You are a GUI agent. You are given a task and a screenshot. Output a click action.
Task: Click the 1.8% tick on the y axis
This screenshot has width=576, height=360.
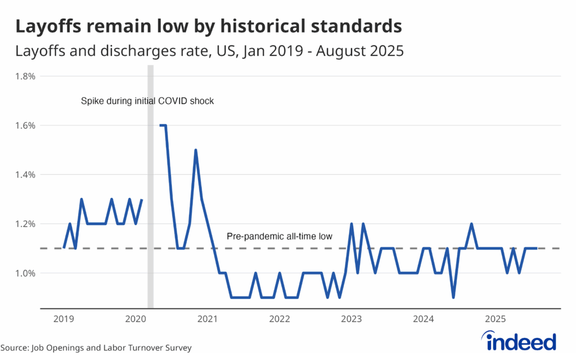25,76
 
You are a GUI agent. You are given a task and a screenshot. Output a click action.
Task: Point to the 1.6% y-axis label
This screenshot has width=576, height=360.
25,125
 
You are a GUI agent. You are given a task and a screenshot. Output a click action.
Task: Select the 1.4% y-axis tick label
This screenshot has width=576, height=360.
25,174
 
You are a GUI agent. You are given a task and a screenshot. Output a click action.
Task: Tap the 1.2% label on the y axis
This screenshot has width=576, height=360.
25,224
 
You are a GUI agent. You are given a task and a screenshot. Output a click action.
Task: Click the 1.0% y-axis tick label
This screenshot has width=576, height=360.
25,273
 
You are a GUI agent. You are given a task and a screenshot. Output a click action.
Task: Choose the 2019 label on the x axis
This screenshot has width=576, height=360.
63,319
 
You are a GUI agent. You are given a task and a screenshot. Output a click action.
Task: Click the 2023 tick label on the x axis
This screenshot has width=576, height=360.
352,319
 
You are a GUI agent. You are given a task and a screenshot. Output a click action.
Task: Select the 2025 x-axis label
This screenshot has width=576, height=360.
496,319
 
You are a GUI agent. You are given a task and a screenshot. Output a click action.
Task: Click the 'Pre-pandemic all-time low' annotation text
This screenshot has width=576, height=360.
280,237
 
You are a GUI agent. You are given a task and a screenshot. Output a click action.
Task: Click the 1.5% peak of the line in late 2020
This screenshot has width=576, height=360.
196,150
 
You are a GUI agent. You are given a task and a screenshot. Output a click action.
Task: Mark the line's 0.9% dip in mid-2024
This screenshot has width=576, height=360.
453,297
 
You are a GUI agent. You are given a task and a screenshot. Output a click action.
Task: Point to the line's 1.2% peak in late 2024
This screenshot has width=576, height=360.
471,224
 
